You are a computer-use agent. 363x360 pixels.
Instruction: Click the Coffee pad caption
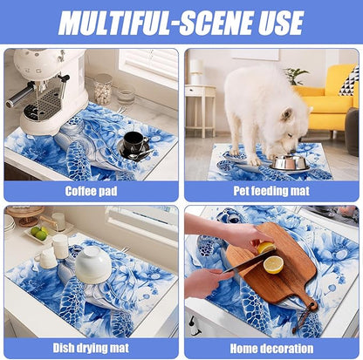[x=91, y=191]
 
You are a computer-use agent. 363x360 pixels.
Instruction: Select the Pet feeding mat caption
[x=271, y=191]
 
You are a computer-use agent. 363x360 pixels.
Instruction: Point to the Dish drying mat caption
[x=91, y=348]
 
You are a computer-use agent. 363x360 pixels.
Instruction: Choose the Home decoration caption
[x=271, y=349]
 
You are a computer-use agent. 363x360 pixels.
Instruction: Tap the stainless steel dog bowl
[x=289, y=162]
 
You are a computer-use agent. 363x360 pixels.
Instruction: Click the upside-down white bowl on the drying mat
[x=93, y=268]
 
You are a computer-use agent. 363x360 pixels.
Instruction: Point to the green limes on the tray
[x=39, y=233]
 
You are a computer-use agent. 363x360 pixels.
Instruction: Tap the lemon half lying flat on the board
[x=273, y=264]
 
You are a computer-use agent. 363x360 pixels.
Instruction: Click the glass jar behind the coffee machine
[x=103, y=89]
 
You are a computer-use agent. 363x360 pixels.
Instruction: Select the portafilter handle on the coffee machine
[x=18, y=96]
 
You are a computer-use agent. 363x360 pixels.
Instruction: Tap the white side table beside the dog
[x=201, y=110]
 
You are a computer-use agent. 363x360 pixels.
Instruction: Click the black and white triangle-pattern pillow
[x=349, y=82]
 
